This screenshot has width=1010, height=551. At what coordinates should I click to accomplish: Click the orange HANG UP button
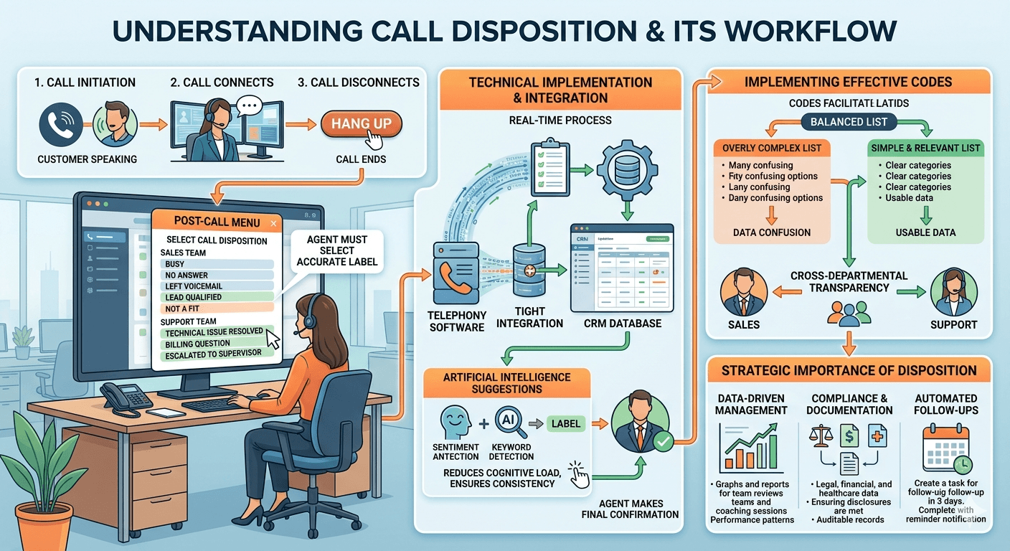pyautogui.click(x=362, y=124)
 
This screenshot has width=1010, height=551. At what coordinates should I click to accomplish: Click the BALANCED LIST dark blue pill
pyautogui.click(x=849, y=122)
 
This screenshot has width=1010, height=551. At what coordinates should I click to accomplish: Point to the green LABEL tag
pyautogui.click(x=566, y=423)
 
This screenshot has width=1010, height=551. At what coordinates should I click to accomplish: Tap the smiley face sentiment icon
pyautogui.click(x=456, y=423)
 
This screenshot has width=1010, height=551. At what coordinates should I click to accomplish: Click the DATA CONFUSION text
pyautogui.click(x=771, y=232)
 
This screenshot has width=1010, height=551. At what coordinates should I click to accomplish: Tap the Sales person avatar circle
pyautogui.click(x=742, y=292)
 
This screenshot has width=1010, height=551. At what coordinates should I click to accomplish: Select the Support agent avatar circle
pyautogui.click(x=953, y=292)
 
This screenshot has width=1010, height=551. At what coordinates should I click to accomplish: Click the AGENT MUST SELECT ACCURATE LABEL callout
pyautogui.click(x=336, y=250)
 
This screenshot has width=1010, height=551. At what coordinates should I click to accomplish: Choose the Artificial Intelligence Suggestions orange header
pyautogui.click(x=506, y=383)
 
